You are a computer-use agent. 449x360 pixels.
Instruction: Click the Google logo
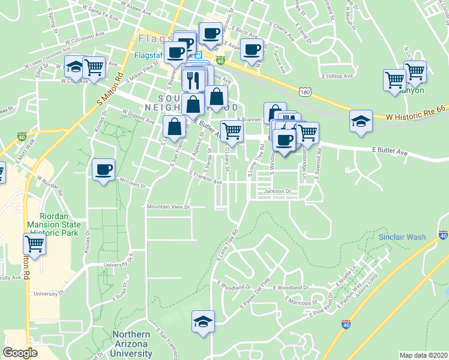[x=20, y=353]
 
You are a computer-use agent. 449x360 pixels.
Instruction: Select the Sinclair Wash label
[x=402, y=237]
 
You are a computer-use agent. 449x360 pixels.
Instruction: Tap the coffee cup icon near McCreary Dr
[x=104, y=170]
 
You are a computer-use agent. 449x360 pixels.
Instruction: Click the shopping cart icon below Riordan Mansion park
[x=34, y=244]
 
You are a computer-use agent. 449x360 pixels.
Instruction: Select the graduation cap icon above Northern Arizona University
[x=203, y=322]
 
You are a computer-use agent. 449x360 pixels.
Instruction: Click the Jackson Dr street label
[x=277, y=191]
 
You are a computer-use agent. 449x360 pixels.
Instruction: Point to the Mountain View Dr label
[x=169, y=207]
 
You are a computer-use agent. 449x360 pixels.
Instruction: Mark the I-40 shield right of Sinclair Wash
[x=444, y=236]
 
